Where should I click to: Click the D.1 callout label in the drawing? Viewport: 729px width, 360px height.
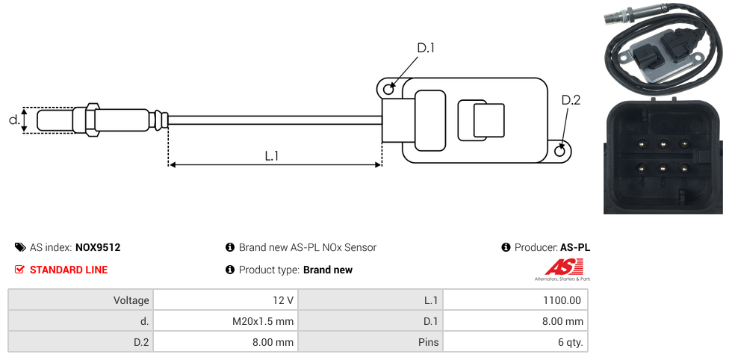pos(425,49)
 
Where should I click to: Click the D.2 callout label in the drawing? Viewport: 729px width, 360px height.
pos(570,100)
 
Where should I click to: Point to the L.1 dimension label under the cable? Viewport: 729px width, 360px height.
pos(272,156)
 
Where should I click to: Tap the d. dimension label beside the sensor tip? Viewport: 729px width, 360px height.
pos(13,120)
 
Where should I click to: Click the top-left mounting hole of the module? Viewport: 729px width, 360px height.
pos(388,90)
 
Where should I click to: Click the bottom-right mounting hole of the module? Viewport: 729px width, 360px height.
pos(561,152)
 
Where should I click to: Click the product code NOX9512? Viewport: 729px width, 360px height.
pos(98,247)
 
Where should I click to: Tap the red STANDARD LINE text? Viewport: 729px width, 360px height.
pos(69,270)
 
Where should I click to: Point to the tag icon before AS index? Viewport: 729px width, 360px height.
pos(20,247)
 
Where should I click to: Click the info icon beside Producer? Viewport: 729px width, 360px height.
pos(506,247)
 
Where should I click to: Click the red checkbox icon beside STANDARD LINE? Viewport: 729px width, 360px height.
pos(20,270)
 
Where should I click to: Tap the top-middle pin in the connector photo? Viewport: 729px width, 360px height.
pos(662,144)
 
